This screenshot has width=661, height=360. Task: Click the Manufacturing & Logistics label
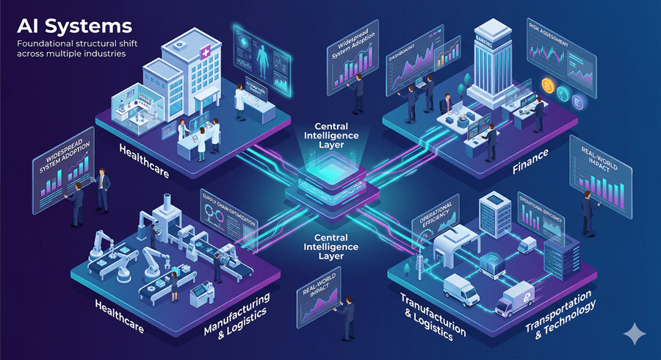click(236, 309)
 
